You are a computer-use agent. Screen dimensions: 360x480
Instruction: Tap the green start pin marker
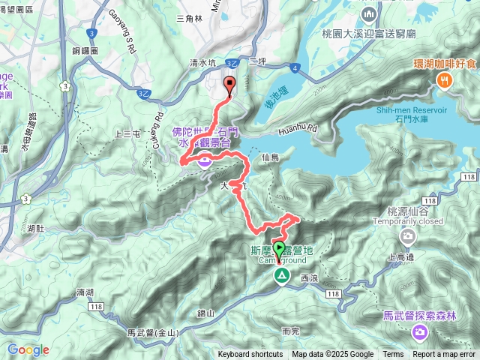click(280, 249)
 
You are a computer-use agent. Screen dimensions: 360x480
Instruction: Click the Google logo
click(28, 349)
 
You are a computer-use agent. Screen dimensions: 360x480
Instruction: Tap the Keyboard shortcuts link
click(250, 355)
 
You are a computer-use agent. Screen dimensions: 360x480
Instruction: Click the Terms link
click(393, 355)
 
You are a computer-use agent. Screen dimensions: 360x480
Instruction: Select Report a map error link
click(444, 355)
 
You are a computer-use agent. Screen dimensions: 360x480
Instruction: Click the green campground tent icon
click(282, 277)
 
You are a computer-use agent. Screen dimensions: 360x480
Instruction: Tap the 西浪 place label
click(309, 277)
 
